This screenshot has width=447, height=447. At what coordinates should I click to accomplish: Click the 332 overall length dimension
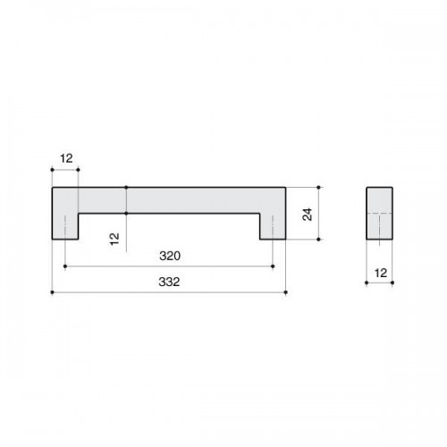coord(169,282)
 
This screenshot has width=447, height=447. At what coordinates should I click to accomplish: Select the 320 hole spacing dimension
coord(170,256)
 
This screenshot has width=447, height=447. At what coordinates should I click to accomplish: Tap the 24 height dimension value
coord(308,214)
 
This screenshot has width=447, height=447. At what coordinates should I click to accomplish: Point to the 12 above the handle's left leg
coord(66,158)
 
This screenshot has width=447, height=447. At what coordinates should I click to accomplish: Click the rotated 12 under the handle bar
coord(114,239)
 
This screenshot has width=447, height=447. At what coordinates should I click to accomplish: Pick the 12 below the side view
coord(381,273)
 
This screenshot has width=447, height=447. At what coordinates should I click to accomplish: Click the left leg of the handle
coord(65,226)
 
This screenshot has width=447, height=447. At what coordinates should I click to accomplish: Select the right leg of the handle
coord(273,226)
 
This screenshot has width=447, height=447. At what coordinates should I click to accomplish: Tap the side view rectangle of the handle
coord(379,213)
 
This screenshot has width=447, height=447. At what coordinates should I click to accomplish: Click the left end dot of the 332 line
coord(53,292)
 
